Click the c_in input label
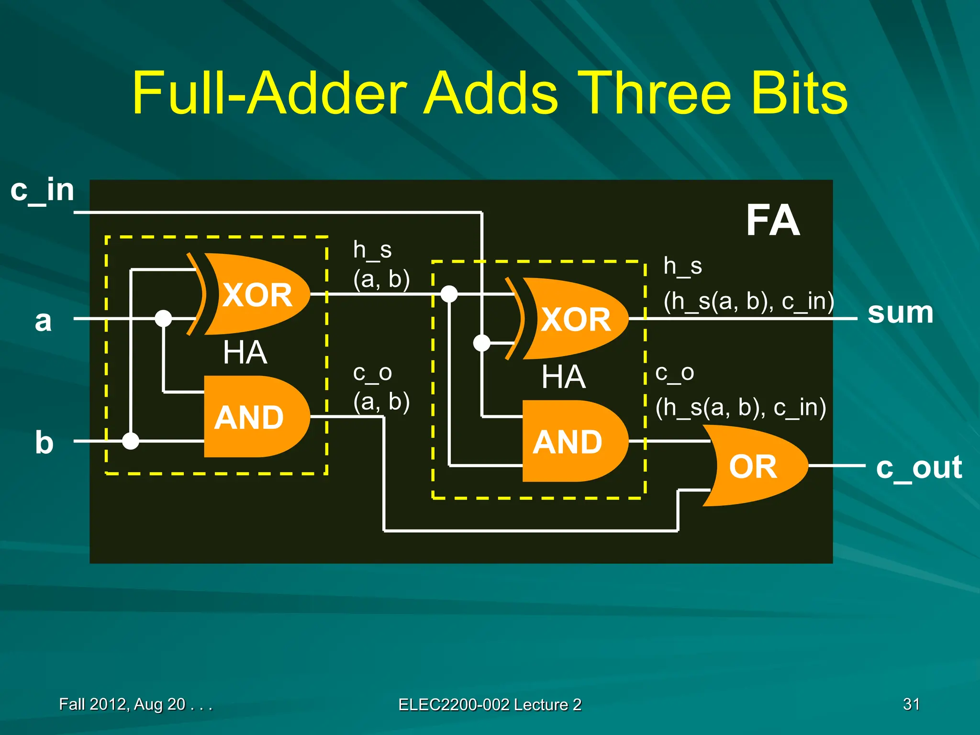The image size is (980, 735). (x=42, y=190)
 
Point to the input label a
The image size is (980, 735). (x=43, y=320)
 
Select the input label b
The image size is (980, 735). (x=44, y=442)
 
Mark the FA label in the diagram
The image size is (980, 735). (x=772, y=221)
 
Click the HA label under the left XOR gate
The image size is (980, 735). (x=245, y=353)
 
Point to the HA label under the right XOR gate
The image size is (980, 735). (x=563, y=377)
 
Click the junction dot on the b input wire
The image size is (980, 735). (x=131, y=441)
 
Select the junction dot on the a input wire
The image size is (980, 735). (x=163, y=318)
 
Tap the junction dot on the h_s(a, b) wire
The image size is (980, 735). (x=449, y=294)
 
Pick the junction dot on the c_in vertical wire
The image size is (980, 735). (x=481, y=343)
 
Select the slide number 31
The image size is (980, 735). (x=911, y=704)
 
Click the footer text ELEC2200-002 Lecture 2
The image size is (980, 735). (x=490, y=704)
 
